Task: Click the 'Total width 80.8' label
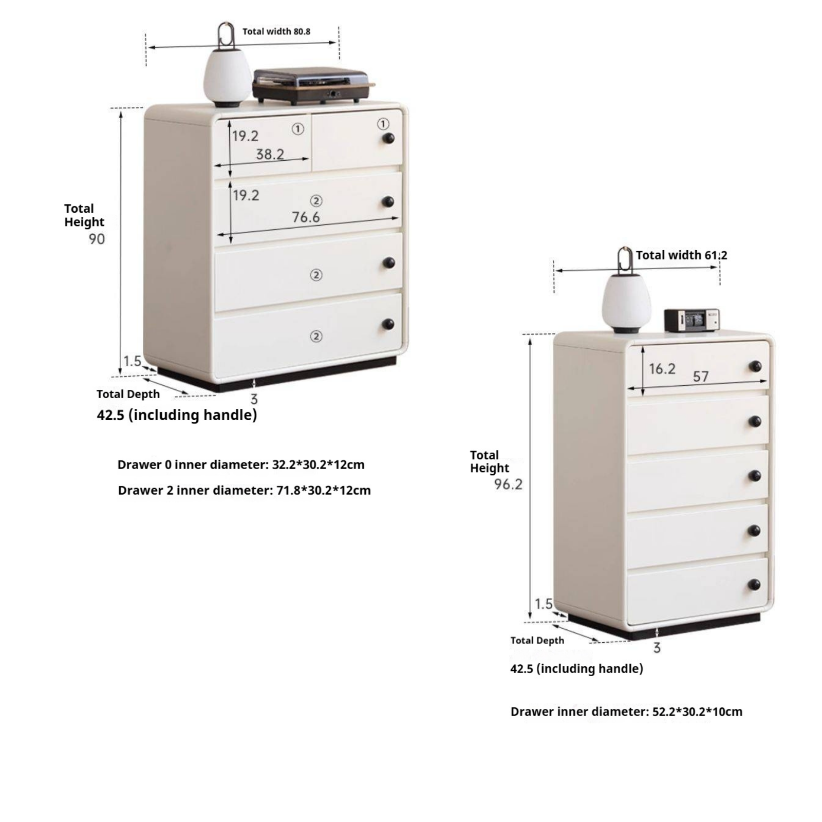(x=276, y=31)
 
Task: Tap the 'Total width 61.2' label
(x=681, y=255)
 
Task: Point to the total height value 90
(x=97, y=239)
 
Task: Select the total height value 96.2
(x=508, y=484)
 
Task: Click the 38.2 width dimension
(x=270, y=154)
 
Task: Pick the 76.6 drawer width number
(x=306, y=217)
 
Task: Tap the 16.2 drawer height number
(x=662, y=368)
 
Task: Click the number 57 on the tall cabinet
(x=701, y=377)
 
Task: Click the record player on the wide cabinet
(x=313, y=86)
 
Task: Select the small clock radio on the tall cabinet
(x=692, y=321)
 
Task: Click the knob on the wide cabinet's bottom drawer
(x=388, y=324)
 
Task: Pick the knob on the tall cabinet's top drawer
(x=755, y=366)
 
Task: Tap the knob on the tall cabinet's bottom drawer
(x=754, y=585)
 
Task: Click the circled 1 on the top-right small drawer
(x=383, y=124)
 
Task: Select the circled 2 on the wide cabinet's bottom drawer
(x=316, y=336)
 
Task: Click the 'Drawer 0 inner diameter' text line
(x=241, y=464)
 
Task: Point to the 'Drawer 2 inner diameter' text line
(x=244, y=490)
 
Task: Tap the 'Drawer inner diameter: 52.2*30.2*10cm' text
(x=626, y=712)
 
